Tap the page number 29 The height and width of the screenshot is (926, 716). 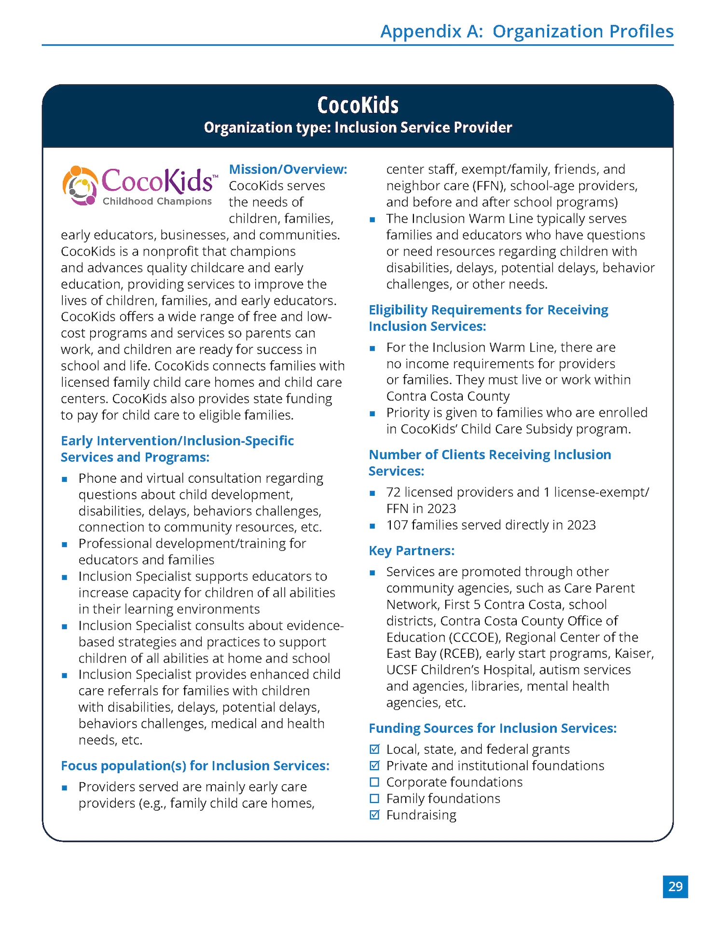(x=675, y=886)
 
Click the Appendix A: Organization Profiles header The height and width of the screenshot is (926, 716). (x=526, y=31)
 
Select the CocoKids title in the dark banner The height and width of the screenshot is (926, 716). (x=358, y=105)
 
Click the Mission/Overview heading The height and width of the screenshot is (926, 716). (x=288, y=169)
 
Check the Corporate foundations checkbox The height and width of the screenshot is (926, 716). (x=374, y=782)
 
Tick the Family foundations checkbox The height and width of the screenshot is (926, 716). (x=374, y=798)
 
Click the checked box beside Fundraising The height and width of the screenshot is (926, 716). (x=374, y=815)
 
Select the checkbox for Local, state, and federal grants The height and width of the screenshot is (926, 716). (x=374, y=749)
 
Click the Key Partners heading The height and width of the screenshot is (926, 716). (x=412, y=551)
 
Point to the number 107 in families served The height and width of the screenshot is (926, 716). (x=397, y=525)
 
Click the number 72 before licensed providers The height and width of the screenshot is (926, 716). (x=393, y=492)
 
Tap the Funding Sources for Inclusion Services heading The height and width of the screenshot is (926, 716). (x=493, y=728)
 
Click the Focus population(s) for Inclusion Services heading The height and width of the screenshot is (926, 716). (x=195, y=766)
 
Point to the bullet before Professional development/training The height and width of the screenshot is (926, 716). (x=65, y=545)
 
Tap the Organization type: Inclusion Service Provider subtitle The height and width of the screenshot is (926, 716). (x=358, y=128)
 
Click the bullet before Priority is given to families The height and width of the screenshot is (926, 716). (x=372, y=414)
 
